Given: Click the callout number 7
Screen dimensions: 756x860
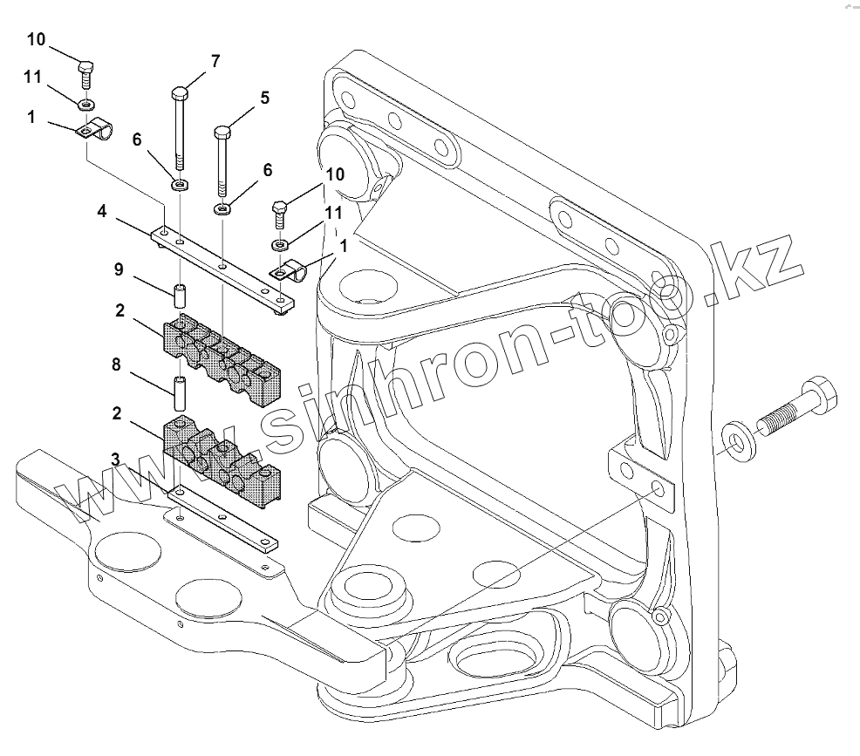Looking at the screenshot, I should [215, 61].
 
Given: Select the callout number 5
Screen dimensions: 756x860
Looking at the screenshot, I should [264, 99].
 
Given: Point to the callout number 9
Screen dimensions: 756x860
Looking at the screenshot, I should [119, 271].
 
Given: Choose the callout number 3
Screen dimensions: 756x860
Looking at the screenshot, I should [114, 459].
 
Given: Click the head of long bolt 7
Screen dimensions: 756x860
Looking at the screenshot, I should [180, 93].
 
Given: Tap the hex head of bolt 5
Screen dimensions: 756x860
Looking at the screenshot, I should [222, 133].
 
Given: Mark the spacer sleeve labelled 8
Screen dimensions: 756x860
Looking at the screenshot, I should [181, 393].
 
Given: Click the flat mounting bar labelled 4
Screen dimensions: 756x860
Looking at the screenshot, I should [223, 265].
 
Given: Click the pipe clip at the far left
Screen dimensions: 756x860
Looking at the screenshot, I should [95, 131].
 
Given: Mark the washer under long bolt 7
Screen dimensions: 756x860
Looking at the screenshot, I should [181, 184].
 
